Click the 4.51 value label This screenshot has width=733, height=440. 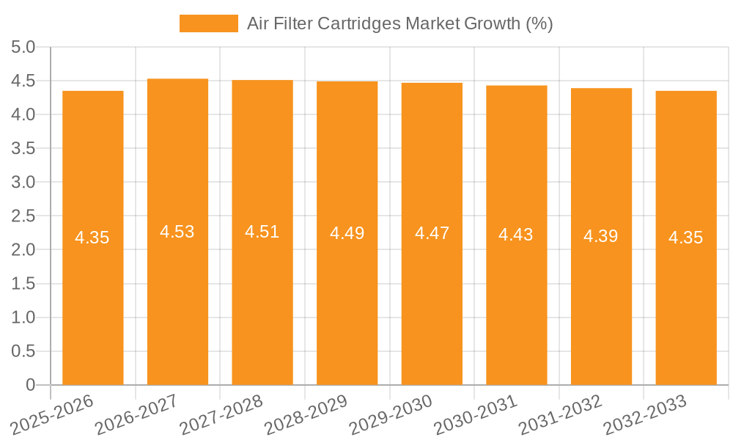262,232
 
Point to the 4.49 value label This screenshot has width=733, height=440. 347,233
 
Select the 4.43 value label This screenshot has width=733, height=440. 516,235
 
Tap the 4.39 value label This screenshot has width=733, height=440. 601,236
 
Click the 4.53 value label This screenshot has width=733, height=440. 177,232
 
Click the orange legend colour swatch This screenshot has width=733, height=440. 209,23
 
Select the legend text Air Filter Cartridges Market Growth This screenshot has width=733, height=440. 399,23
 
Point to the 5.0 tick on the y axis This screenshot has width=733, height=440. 23,48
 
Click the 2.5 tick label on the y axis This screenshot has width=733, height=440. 23,216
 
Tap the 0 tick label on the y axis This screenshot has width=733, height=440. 30,385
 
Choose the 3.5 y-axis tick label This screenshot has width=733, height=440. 23,149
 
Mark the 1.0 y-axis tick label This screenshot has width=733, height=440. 23,318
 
